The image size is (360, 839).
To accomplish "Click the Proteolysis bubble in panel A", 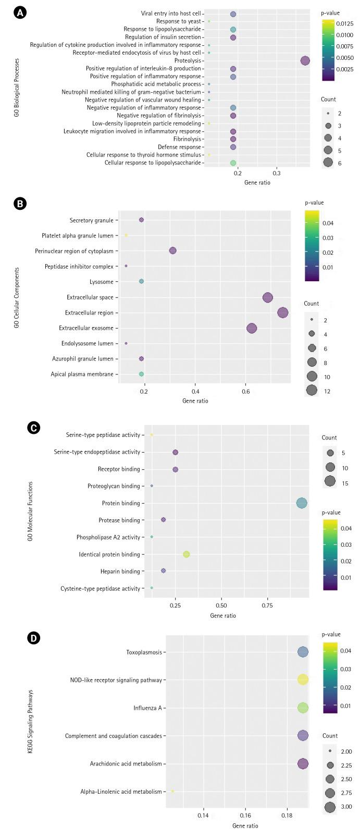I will point(305,61).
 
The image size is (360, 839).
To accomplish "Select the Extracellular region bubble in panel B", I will point(283,312).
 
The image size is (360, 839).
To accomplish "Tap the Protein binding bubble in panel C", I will point(302,503).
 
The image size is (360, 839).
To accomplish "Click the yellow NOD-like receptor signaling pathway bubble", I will point(303,680).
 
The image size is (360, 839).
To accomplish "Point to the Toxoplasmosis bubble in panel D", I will point(303,652).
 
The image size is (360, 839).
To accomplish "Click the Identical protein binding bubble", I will point(187,554).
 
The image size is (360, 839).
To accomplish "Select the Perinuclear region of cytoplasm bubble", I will point(173,251).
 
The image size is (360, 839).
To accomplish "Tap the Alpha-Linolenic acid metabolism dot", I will point(172,791).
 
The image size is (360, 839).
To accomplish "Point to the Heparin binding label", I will point(120,571).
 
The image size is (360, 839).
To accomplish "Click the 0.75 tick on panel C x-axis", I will point(268,606).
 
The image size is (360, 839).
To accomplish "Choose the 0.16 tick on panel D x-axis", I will point(245,815).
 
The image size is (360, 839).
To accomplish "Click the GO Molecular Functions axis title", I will point(31,511).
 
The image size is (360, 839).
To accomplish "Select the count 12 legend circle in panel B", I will point(312,391).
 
